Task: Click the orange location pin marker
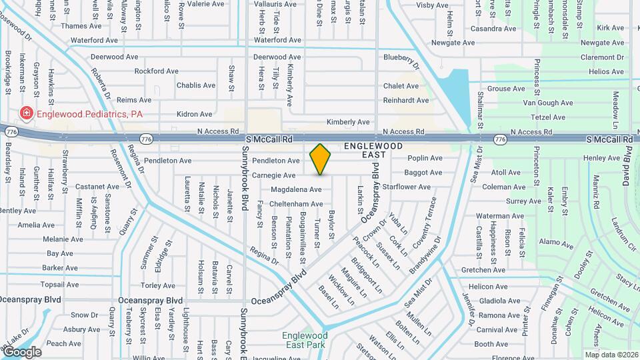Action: coord(321,159)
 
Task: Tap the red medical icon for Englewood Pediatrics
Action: coord(27,114)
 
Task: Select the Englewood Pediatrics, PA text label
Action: coord(89,114)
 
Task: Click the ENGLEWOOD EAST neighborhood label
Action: coord(373,150)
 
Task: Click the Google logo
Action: coord(22,352)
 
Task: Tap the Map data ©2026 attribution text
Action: coord(611,355)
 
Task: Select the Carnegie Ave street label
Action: coord(274,175)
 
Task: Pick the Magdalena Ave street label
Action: coord(296,189)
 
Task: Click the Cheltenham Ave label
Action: coord(297,204)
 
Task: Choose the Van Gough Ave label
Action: coord(548,103)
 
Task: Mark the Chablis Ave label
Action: coord(196,85)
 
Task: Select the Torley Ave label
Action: coord(159,285)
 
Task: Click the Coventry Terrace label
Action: coord(424,223)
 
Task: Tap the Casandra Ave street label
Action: coord(493,29)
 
